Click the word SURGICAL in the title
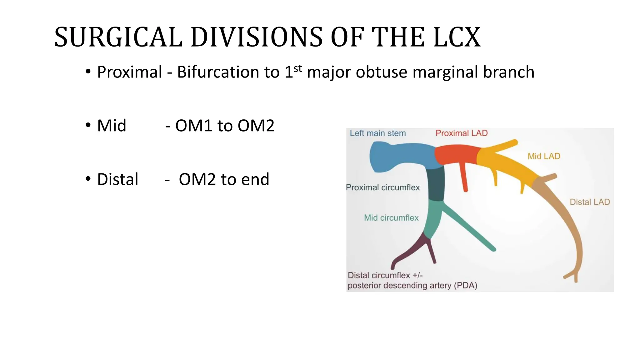118,37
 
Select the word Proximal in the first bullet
129,72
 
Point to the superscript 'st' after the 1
298,68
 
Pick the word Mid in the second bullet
112,126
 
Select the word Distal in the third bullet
117,179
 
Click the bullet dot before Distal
88,179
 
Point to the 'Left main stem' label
377,133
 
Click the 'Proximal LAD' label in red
462,133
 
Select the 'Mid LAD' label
544,156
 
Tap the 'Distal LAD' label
590,202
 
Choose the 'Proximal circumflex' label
382,187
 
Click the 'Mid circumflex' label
391,218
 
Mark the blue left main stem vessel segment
397,156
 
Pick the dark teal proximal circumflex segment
436,184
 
